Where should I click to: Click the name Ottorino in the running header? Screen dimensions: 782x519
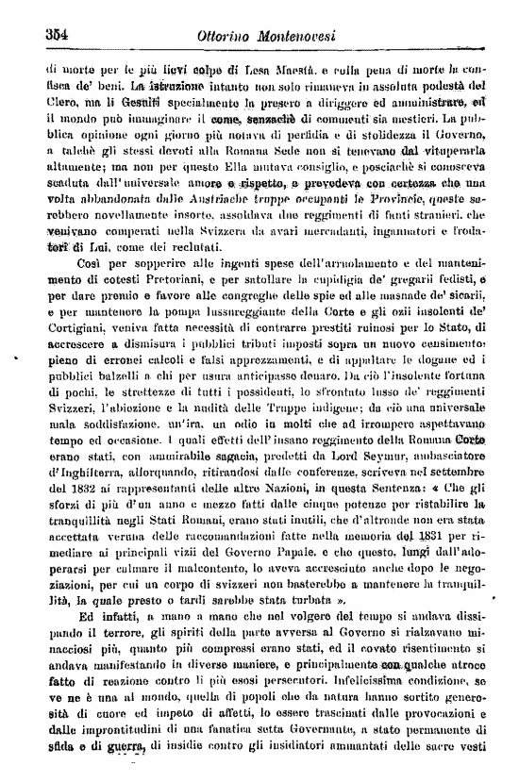[x=224, y=35]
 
